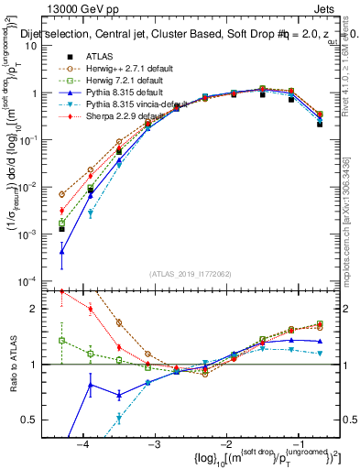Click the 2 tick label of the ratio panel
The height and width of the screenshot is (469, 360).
(40, 309)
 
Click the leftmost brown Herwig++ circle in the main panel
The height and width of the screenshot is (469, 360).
(61, 194)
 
